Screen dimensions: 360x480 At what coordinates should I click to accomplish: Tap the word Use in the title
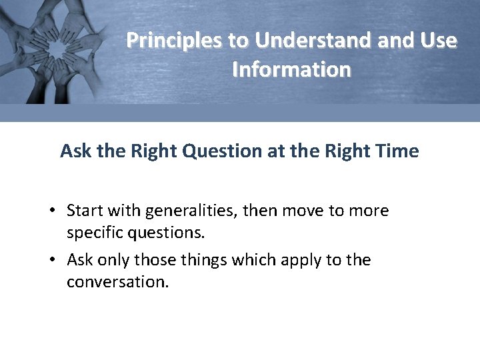[x=438, y=41]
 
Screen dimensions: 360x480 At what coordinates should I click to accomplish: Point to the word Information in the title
[x=291, y=69]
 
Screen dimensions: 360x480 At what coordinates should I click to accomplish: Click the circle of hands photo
[x=53, y=50]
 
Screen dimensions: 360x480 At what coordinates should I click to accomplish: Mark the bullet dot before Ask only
[x=51, y=260]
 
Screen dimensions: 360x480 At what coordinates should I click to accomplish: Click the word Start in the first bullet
[x=85, y=211]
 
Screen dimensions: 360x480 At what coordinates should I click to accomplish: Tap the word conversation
[x=117, y=282]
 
